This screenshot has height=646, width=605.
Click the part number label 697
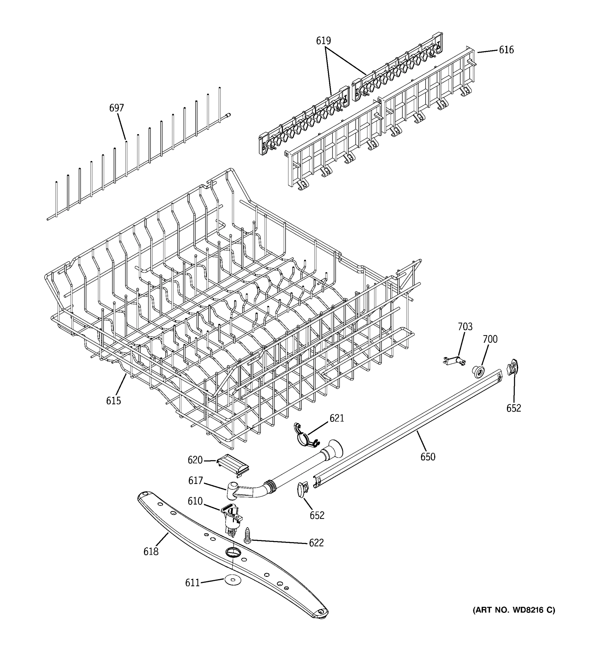[x=116, y=108]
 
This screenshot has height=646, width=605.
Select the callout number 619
[x=323, y=41]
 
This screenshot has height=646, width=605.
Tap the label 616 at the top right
[x=506, y=50]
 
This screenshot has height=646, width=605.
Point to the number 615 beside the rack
[x=113, y=401]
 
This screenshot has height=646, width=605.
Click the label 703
[x=465, y=326]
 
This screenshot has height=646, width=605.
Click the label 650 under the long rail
[x=428, y=457]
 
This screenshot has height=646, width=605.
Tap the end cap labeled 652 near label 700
[x=512, y=367]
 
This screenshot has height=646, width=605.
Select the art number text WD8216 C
[x=514, y=610]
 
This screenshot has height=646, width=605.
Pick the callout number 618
[x=151, y=552]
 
